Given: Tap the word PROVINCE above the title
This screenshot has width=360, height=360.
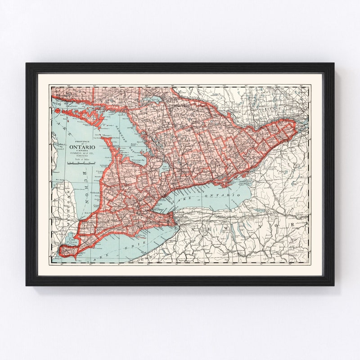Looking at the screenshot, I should click(81, 141).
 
